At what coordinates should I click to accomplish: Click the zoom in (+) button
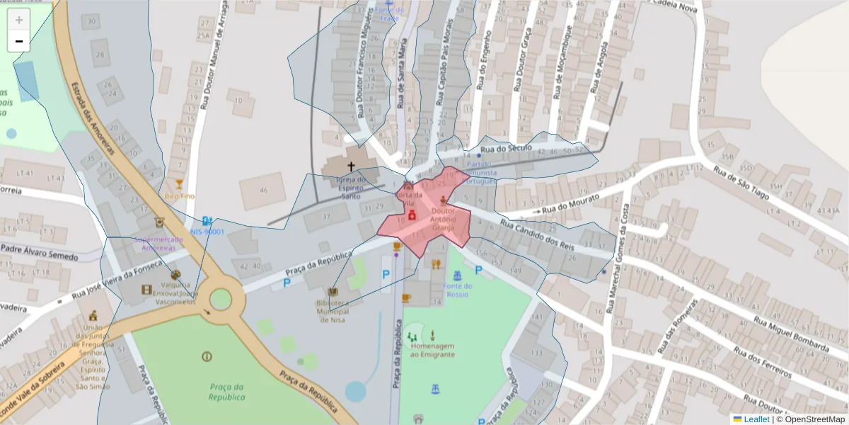click(x=18, y=20)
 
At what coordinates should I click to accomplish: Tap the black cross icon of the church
click(x=350, y=167)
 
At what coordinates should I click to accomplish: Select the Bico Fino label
click(x=179, y=195)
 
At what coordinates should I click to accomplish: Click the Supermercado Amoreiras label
click(x=159, y=244)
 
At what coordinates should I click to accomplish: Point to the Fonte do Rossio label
click(x=458, y=290)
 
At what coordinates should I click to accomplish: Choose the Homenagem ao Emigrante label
click(x=432, y=350)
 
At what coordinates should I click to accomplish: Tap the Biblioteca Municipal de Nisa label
click(x=333, y=311)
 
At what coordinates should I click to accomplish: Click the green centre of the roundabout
click(x=220, y=300)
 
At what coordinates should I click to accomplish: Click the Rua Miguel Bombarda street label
click(x=790, y=334)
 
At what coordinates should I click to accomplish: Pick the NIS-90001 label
click(x=207, y=232)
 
